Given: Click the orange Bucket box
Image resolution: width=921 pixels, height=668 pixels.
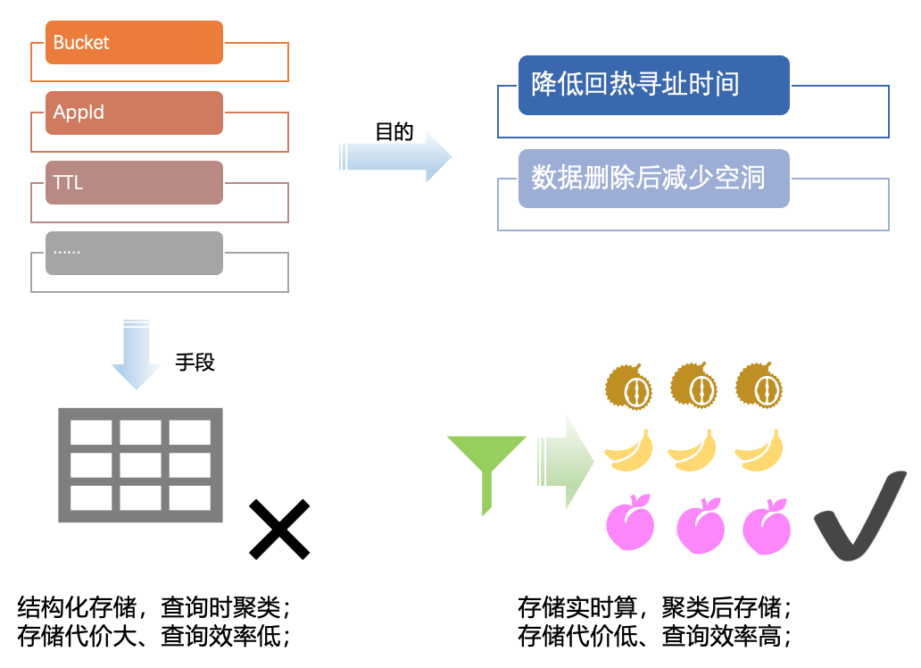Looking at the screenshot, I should (134, 43).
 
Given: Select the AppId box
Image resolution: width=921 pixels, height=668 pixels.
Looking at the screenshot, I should (134, 113).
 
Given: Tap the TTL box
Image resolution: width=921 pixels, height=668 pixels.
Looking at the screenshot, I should (134, 182).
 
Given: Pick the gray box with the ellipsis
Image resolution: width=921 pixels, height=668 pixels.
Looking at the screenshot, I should (134, 253).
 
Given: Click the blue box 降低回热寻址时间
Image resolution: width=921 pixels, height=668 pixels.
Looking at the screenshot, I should (653, 85).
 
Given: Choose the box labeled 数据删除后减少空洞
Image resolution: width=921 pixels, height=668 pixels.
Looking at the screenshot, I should (653, 178).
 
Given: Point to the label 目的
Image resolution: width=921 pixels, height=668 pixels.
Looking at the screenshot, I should (394, 132).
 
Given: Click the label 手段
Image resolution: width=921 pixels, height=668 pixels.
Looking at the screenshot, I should (195, 362).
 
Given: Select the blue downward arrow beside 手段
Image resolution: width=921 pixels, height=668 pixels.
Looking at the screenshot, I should (136, 354).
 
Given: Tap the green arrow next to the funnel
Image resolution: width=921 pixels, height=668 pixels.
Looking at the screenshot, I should (566, 463).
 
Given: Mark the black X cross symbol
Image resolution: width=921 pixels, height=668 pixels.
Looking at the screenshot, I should (279, 530).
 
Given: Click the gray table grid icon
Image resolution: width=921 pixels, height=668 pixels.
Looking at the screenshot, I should (140, 465).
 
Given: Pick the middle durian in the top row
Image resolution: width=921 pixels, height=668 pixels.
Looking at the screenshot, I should (693, 386).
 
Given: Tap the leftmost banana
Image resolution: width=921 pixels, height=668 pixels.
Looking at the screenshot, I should (629, 450).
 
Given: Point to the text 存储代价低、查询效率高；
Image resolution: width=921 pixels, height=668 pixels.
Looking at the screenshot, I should (654, 636).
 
